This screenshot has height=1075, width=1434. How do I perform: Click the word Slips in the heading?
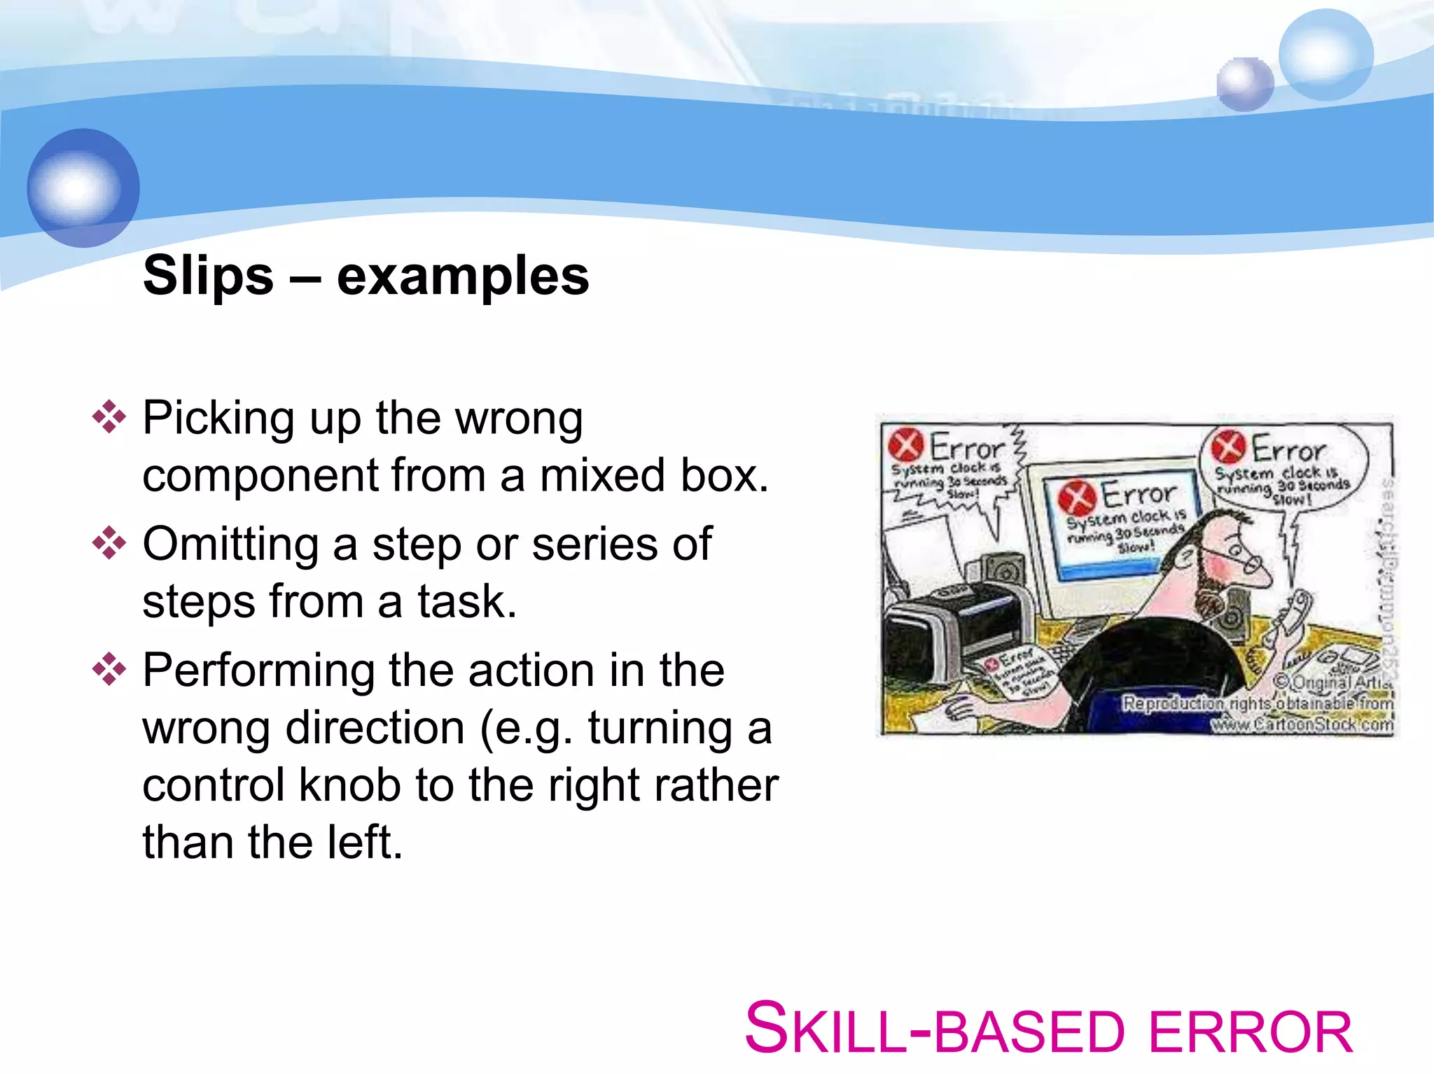pos(208,276)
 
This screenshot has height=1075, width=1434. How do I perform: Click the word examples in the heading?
pos(463,276)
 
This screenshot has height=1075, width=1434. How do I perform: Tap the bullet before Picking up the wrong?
pos(109,417)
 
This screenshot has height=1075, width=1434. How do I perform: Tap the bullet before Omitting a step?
pos(109,543)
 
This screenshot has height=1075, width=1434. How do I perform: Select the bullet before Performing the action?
pos(109,669)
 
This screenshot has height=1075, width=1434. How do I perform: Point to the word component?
pos(258,476)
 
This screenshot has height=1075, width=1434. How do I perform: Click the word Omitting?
pos(231,544)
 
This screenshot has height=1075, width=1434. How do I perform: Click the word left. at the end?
pos(365,843)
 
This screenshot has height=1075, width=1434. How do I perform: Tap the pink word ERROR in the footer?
pos(1251,1033)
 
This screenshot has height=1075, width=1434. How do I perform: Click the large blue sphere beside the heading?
pos(83,188)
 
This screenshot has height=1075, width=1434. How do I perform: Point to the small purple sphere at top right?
pos(1244,84)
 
